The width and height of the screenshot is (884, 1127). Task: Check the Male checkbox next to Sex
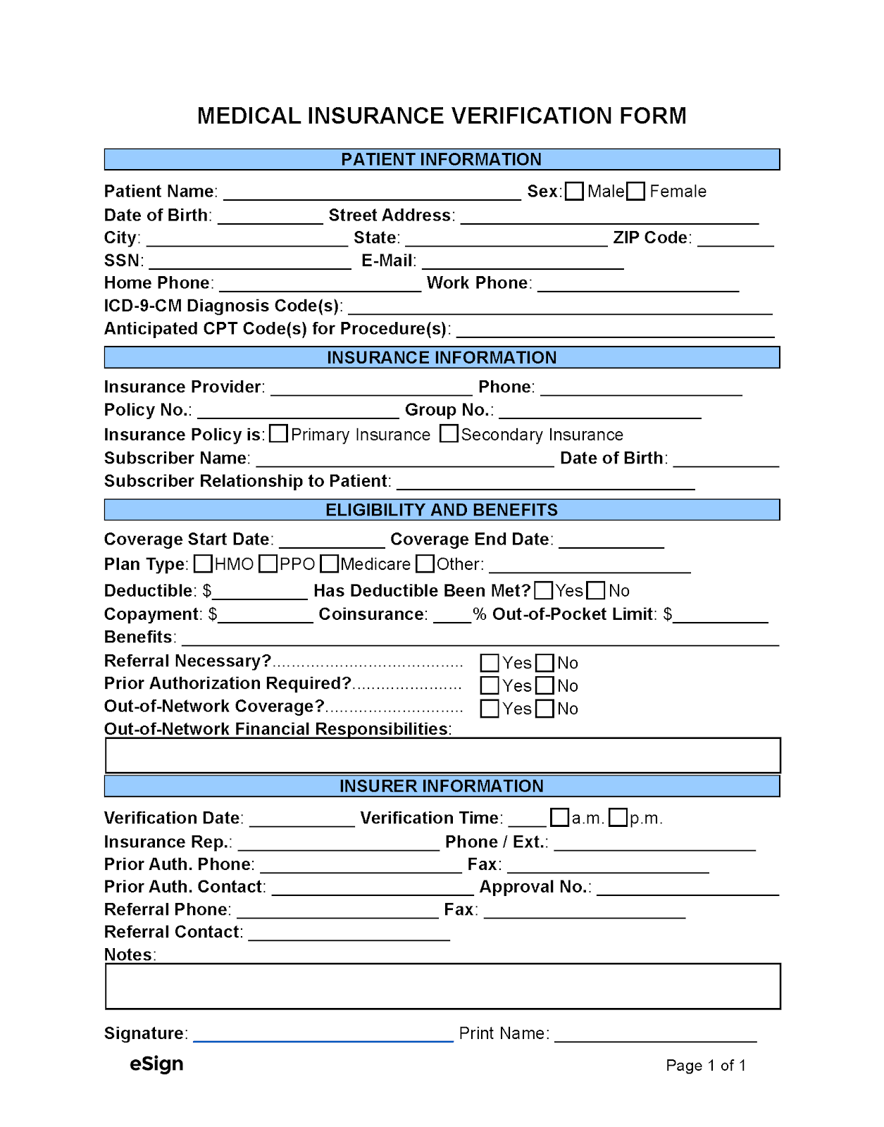[574, 192]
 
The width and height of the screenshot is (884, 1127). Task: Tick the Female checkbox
[635, 192]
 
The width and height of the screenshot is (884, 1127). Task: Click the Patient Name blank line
[371, 194]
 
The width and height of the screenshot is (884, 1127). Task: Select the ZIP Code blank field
[735, 239]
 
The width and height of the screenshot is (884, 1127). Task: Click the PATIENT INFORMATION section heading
[442, 159]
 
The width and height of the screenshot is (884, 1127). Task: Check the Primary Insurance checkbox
[278, 434]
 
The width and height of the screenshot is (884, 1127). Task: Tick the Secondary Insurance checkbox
[449, 434]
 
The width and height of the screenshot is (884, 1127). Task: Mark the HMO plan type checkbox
[203, 564]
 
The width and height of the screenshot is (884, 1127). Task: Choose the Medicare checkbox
[329, 564]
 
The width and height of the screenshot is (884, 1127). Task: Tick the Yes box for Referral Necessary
[490, 663]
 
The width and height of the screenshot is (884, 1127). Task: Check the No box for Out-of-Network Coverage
[544, 709]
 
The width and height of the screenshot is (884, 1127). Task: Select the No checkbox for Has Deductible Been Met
[596, 590]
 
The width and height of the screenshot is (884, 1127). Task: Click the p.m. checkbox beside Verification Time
[618, 818]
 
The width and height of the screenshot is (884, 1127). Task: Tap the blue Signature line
[323, 1035]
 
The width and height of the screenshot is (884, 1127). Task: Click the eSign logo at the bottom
[156, 1064]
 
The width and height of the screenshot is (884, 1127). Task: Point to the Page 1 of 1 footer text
[706, 1065]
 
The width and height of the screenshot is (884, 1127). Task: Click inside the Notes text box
[442, 986]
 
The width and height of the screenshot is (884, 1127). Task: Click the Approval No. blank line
[687, 889]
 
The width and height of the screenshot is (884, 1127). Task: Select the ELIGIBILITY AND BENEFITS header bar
[442, 510]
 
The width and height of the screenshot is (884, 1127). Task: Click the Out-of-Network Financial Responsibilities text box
[442, 755]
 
